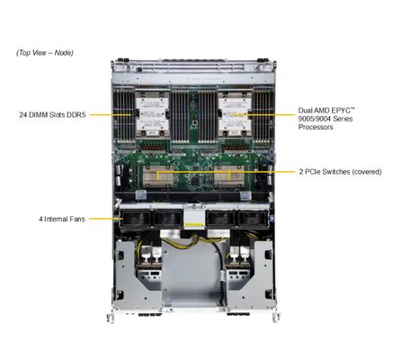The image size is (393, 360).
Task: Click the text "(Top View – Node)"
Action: click(x=45, y=53)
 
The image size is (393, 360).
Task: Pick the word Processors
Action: click(x=316, y=128)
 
